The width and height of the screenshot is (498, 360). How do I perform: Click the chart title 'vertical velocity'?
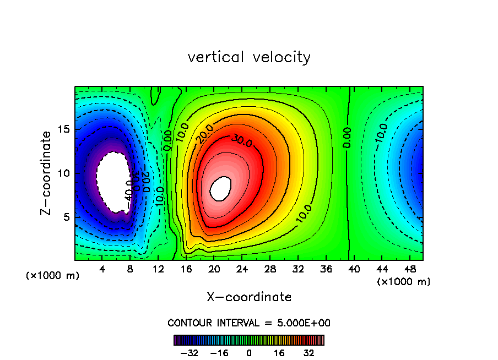coord(249,57)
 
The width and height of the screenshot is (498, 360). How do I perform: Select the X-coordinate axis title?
coord(249,297)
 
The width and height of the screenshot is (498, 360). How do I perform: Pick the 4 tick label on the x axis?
coord(102,269)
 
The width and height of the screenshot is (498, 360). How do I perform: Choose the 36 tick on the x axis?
coord(326,269)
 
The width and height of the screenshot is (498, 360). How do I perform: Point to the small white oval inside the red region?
coord(221,188)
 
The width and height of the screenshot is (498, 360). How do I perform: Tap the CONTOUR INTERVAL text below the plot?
coord(249,323)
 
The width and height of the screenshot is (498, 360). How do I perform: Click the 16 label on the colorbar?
coord(279,353)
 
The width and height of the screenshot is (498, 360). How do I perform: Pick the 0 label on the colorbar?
coord(249,353)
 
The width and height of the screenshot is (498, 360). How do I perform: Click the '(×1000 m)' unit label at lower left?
coord(53,276)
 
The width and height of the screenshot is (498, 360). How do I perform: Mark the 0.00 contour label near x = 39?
coord(347,138)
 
